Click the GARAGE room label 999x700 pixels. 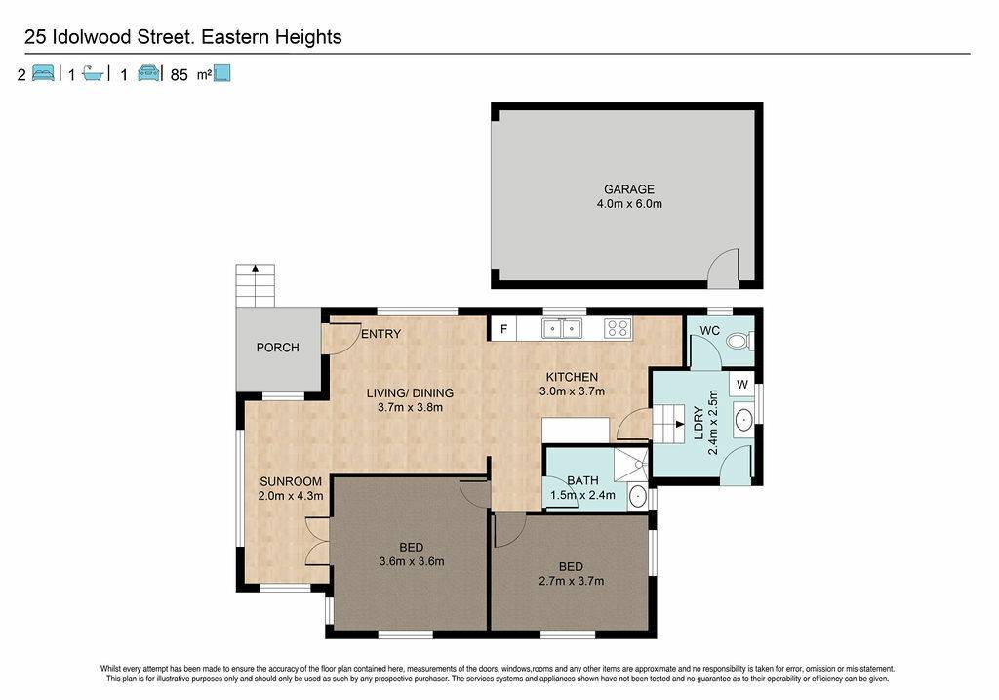click(x=629, y=189)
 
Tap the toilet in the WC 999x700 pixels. click(x=739, y=341)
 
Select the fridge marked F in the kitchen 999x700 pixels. click(x=503, y=329)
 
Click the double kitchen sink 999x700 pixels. click(x=561, y=328)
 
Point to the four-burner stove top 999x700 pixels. click(x=618, y=328)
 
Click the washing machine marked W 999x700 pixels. click(x=741, y=384)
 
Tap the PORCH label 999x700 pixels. click(x=278, y=348)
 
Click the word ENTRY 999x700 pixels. click(x=381, y=334)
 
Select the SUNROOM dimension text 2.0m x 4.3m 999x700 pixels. click(x=291, y=495)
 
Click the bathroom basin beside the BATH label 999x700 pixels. click(x=637, y=495)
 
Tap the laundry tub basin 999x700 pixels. click(x=742, y=420)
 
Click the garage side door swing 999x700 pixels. click(x=723, y=265)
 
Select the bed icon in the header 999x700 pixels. click(x=43, y=73)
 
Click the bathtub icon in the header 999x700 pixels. click(x=93, y=73)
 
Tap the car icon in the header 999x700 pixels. click(x=149, y=73)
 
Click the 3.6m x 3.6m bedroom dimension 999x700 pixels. click(x=412, y=561)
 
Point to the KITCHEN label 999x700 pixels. click(x=572, y=377)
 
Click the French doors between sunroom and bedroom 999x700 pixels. click(x=317, y=541)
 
